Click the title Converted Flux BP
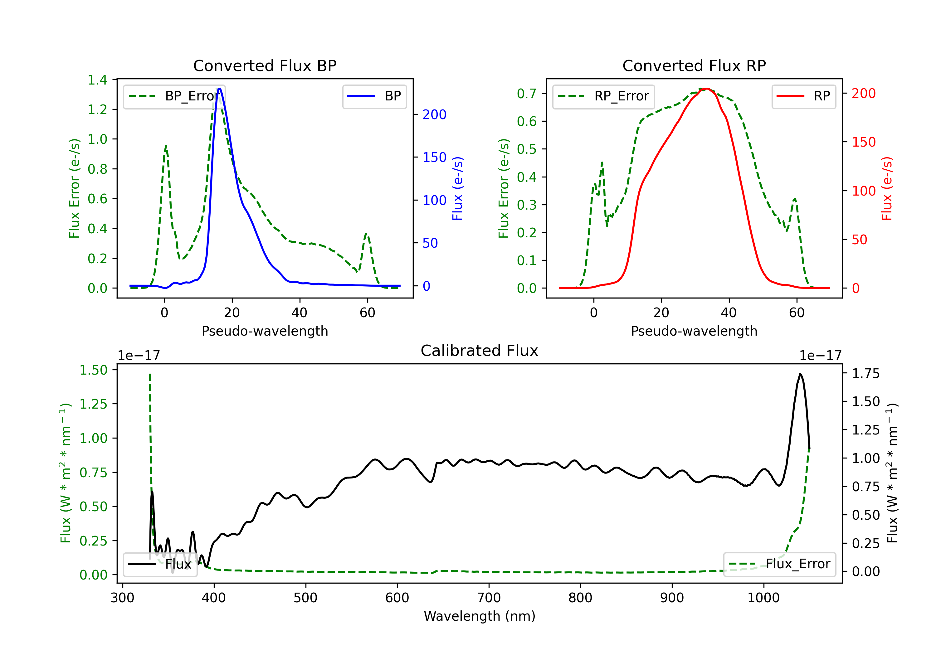pyautogui.click(x=265, y=65)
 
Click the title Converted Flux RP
pyautogui.click(x=694, y=65)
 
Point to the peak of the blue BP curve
pyautogui.click(x=220, y=89)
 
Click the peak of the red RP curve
pyautogui.click(x=706, y=89)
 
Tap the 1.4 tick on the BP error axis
pyautogui.click(x=97, y=80)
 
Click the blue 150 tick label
pyautogui.click(x=435, y=157)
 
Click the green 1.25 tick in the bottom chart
pyautogui.click(x=93, y=404)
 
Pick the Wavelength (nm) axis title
pyautogui.click(x=480, y=616)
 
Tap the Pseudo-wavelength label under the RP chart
pyautogui.click(x=694, y=331)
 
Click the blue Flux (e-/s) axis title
pyautogui.click(x=457, y=188)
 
